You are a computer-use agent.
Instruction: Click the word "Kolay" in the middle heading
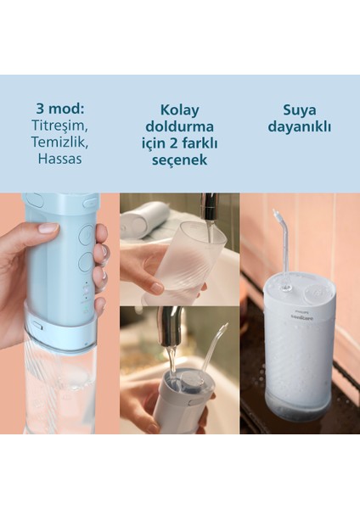179,110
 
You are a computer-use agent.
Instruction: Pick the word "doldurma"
179,126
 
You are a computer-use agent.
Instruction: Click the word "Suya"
300,110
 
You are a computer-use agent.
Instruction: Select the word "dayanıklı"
300,127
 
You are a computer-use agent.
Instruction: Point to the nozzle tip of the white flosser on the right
275,212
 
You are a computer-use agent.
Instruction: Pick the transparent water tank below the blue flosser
59,386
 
